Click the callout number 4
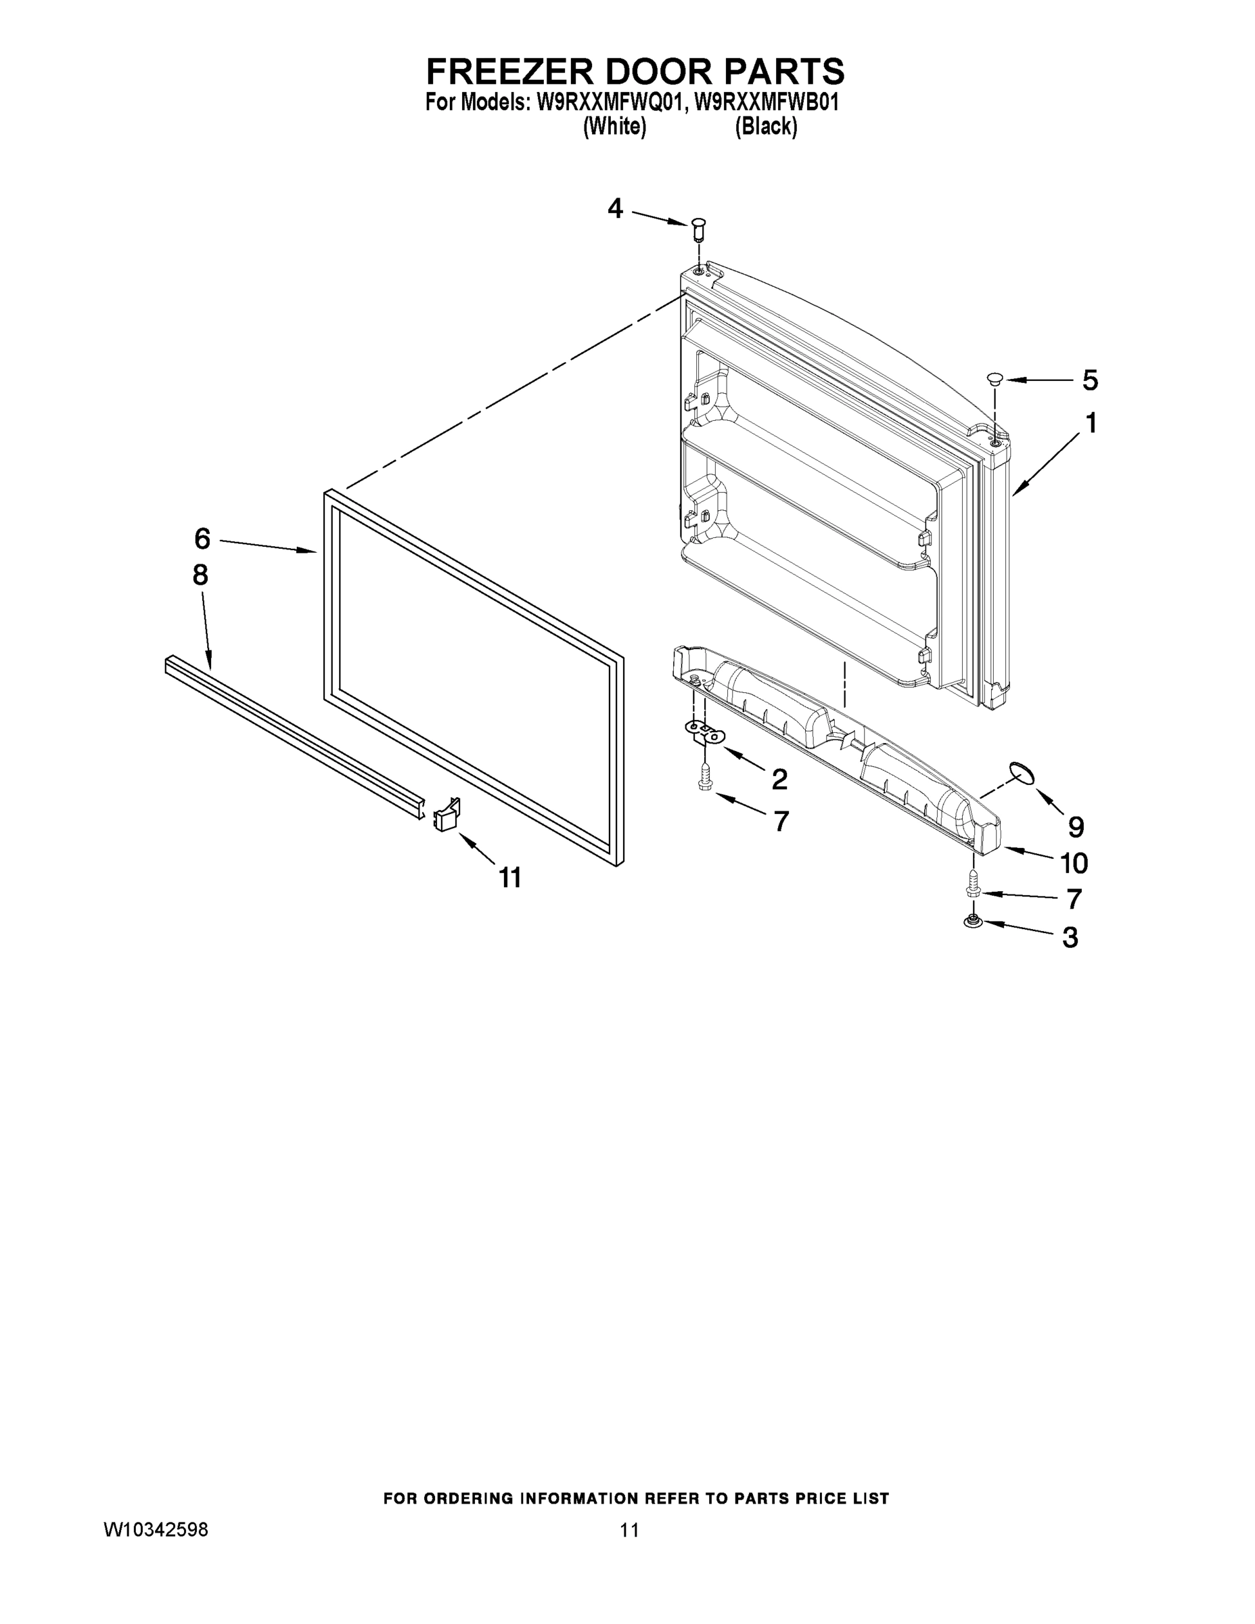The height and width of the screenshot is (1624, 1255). point(615,209)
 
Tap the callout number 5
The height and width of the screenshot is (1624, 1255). point(1089,380)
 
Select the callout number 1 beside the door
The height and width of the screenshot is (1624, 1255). point(1090,423)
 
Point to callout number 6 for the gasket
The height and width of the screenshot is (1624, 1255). point(202,538)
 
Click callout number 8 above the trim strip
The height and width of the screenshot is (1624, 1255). point(200,574)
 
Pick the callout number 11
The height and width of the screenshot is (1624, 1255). point(510,878)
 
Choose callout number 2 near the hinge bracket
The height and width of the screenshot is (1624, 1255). point(779,779)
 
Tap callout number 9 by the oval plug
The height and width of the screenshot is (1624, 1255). point(1076,826)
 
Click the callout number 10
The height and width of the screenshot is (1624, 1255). point(1074,863)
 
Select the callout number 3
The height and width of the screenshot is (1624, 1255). point(1070,938)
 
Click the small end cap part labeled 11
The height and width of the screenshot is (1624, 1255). point(447,815)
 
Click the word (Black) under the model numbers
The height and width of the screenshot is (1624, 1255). point(766,127)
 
